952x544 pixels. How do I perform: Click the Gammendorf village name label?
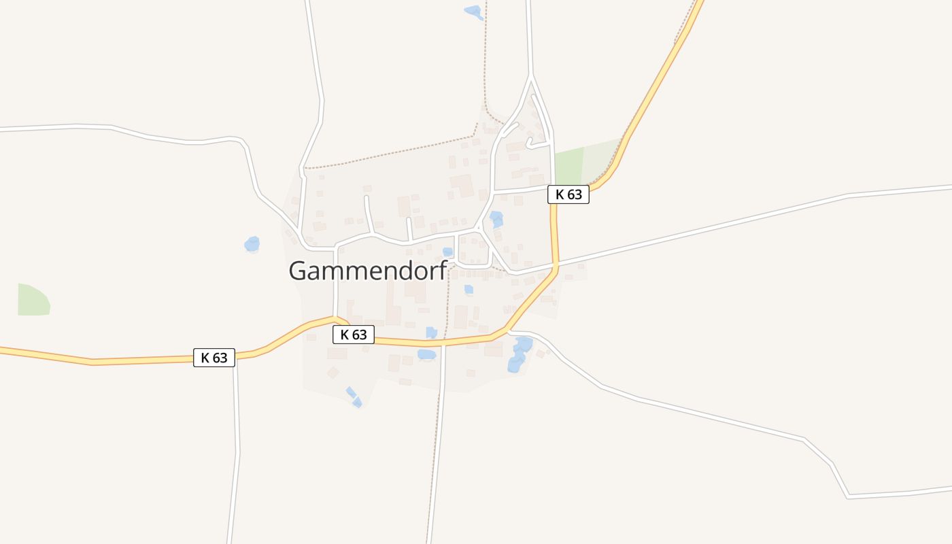[x=367, y=270]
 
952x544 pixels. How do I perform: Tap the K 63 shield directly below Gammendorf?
[x=354, y=335]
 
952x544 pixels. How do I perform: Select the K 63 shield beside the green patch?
[x=568, y=194]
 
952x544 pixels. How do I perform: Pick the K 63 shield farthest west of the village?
[x=214, y=358]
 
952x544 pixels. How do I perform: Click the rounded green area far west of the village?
[x=33, y=300]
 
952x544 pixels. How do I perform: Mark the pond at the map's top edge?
[x=473, y=11]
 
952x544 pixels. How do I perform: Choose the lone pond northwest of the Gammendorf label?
[x=252, y=243]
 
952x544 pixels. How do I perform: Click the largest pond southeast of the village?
[x=520, y=354]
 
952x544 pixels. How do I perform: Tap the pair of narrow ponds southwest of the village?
[x=354, y=397]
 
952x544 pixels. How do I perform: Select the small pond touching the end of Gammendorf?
[x=447, y=252]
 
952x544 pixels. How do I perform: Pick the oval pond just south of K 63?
[x=426, y=354]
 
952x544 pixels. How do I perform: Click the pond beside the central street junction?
[x=496, y=219]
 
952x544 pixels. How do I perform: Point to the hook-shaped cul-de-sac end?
[x=530, y=142]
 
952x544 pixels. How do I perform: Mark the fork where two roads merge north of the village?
[x=531, y=78]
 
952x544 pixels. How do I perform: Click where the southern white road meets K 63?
[x=443, y=343]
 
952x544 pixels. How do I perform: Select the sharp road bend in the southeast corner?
[x=849, y=497]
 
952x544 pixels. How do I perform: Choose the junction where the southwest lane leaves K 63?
[x=235, y=356]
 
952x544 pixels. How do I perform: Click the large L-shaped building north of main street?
[x=463, y=185]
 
